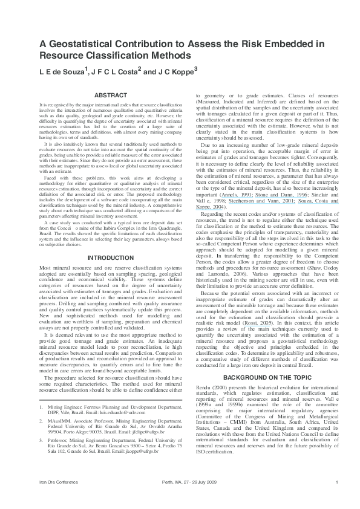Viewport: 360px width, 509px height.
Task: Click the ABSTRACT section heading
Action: click(x=111, y=95)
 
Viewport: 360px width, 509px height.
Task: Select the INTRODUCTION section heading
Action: click(x=111, y=258)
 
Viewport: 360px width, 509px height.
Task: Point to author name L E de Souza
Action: click(x=63, y=71)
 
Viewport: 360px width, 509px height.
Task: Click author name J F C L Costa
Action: click(x=115, y=71)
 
